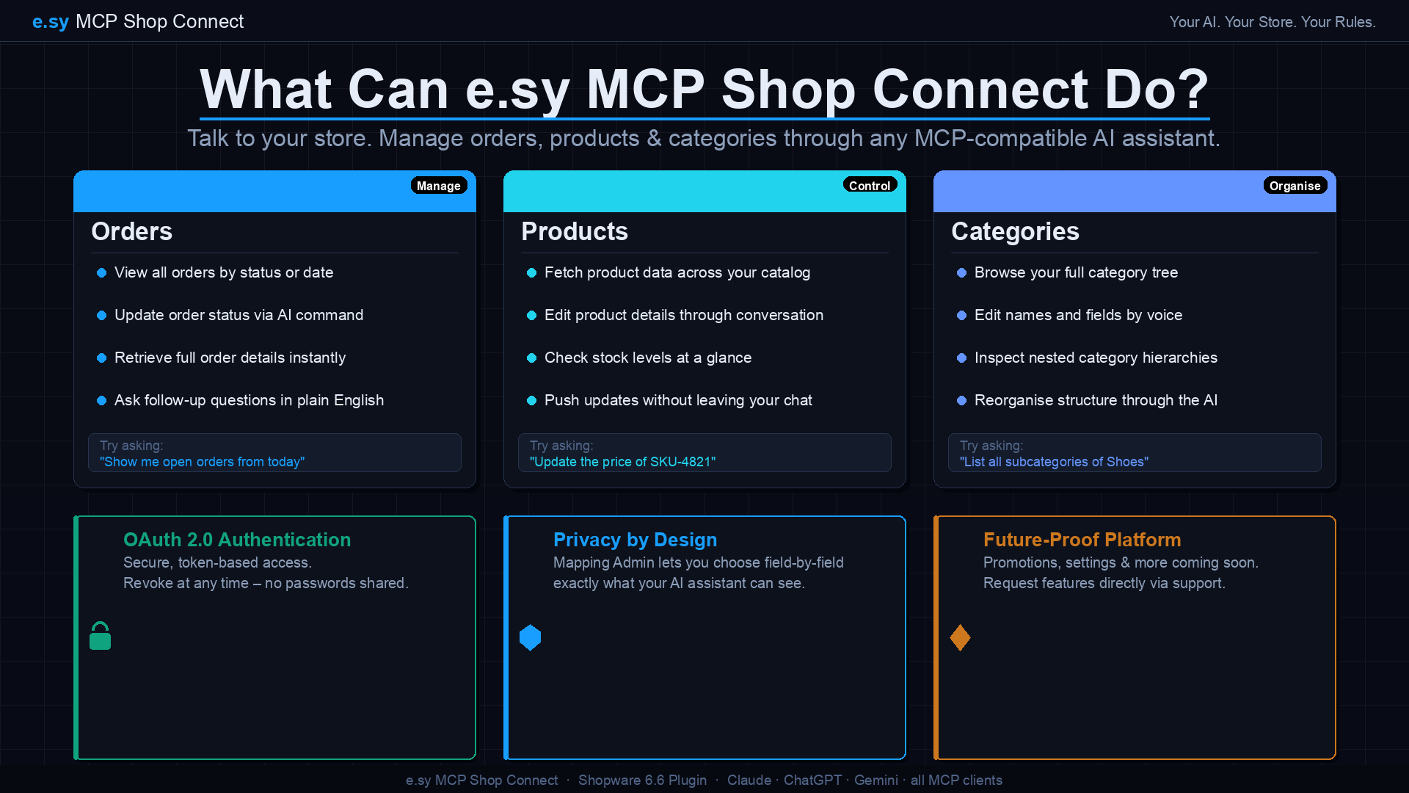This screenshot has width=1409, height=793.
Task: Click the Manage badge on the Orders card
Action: coord(439,186)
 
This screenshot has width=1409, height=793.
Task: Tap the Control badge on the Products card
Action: coord(870,185)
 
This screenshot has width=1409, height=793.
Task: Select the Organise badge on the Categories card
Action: coord(1295,186)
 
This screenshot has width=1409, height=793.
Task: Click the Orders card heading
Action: coord(132,231)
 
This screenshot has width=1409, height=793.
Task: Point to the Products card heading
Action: coord(575,231)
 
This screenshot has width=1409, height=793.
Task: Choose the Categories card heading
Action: coord(1015,231)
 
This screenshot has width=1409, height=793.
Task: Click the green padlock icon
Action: coord(101,636)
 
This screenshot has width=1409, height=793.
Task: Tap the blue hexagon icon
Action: coord(530,637)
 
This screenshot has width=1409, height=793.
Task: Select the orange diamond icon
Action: coord(960,637)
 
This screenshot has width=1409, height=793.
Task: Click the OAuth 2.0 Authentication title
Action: coord(237,540)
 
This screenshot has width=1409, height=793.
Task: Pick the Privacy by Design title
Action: coord(635,540)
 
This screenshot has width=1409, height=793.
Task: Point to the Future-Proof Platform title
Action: coord(1082,540)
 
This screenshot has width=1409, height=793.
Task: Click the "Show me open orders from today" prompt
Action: coord(202,462)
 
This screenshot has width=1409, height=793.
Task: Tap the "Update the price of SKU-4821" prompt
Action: coord(622,462)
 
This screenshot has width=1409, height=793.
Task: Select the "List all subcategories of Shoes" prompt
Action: coord(1054,462)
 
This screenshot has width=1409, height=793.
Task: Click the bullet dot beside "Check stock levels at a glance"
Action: coord(531,358)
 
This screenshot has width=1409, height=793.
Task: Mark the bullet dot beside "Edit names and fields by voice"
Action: coord(961,316)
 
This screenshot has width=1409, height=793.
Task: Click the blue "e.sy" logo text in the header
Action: coord(51,22)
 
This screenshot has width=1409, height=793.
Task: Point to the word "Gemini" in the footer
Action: coord(875,780)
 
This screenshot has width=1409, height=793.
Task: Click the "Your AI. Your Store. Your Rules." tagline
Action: coord(1273,22)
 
